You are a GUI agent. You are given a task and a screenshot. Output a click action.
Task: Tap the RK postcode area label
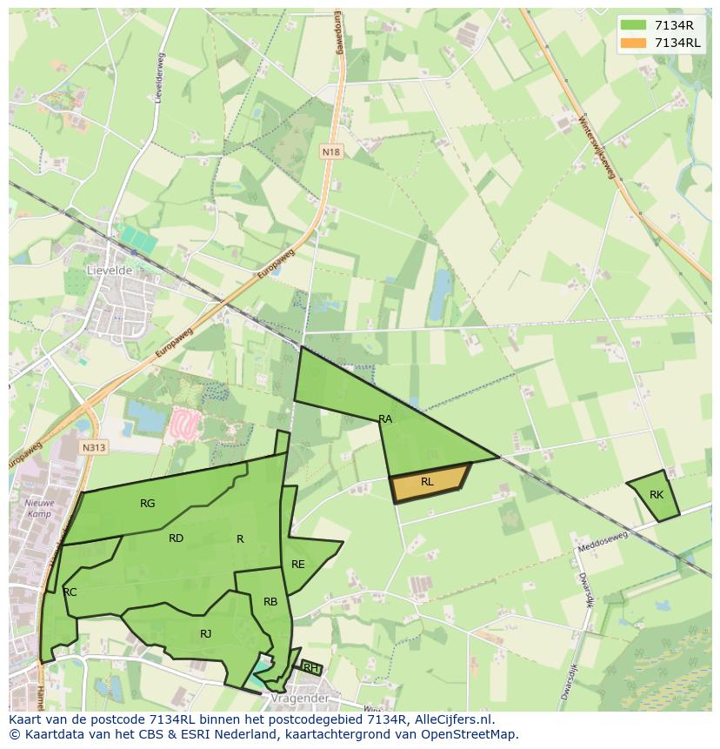(x=657, y=495)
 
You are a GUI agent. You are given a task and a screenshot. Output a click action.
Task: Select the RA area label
(x=385, y=419)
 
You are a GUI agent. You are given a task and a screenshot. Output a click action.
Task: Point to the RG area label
(x=148, y=504)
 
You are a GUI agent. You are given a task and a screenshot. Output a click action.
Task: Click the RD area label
(x=176, y=538)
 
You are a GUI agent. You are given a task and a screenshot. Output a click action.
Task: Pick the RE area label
(x=298, y=565)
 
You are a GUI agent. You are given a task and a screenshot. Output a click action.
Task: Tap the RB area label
(x=270, y=602)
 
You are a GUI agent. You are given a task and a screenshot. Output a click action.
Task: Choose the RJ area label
(x=205, y=634)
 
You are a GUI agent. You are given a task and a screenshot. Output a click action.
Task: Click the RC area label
(x=70, y=592)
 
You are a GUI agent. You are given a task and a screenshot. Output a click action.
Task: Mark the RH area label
(x=310, y=668)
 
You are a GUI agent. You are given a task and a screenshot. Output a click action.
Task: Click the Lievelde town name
(x=110, y=271)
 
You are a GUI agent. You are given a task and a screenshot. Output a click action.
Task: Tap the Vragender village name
(x=300, y=699)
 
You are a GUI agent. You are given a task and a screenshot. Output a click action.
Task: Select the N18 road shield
(x=330, y=152)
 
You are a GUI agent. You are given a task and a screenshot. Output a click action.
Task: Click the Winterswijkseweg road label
(x=596, y=147)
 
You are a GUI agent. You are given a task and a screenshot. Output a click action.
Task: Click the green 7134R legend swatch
(x=633, y=24)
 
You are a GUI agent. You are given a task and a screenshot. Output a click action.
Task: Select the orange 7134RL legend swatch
(x=633, y=43)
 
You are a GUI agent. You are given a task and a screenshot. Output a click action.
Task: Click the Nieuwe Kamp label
(x=39, y=508)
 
